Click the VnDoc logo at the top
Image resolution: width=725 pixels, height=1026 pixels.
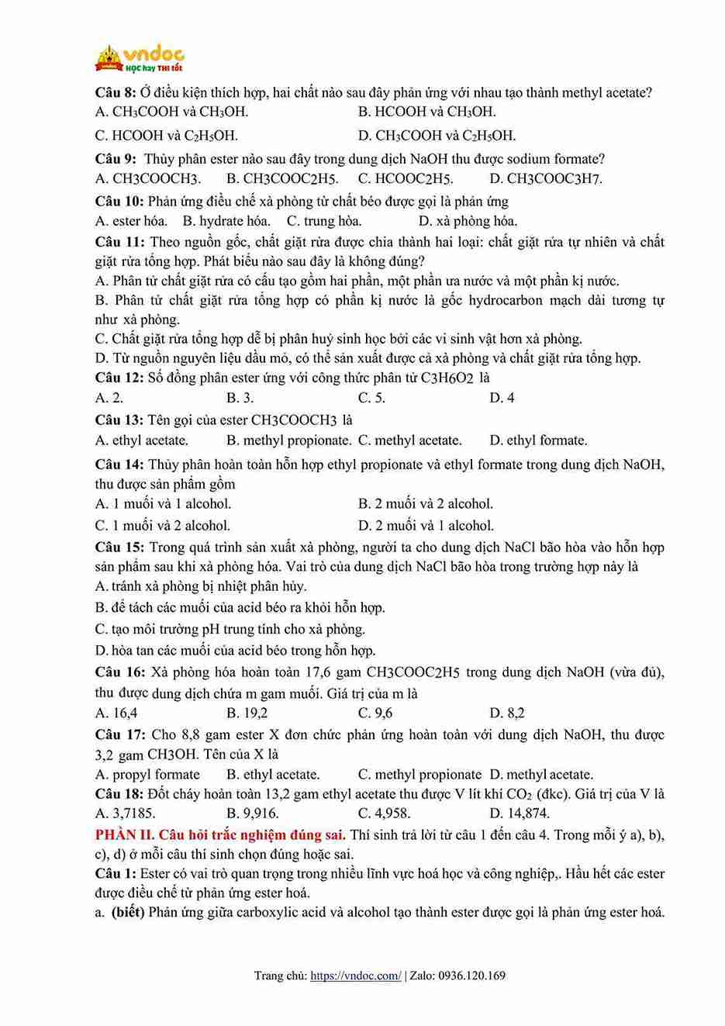tap(140, 58)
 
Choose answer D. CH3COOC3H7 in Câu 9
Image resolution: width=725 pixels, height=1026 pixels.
tap(546, 179)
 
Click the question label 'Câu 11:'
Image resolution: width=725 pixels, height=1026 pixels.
tap(119, 242)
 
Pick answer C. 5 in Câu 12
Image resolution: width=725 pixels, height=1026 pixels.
tap(371, 398)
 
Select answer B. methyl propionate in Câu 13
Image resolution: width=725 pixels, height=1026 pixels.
tap(288, 440)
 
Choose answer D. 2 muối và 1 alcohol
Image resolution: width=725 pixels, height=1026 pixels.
tap(426, 525)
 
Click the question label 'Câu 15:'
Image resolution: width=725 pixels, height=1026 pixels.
tap(119, 548)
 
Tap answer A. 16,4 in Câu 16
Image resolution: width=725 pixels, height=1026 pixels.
tap(116, 713)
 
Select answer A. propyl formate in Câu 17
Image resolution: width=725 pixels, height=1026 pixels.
tap(147, 774)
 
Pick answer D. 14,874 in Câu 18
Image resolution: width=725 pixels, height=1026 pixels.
tap(520, 813)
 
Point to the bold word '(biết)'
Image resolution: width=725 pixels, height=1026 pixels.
tap(128, 912)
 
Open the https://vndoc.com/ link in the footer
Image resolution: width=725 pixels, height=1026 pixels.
tap(356, 976)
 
